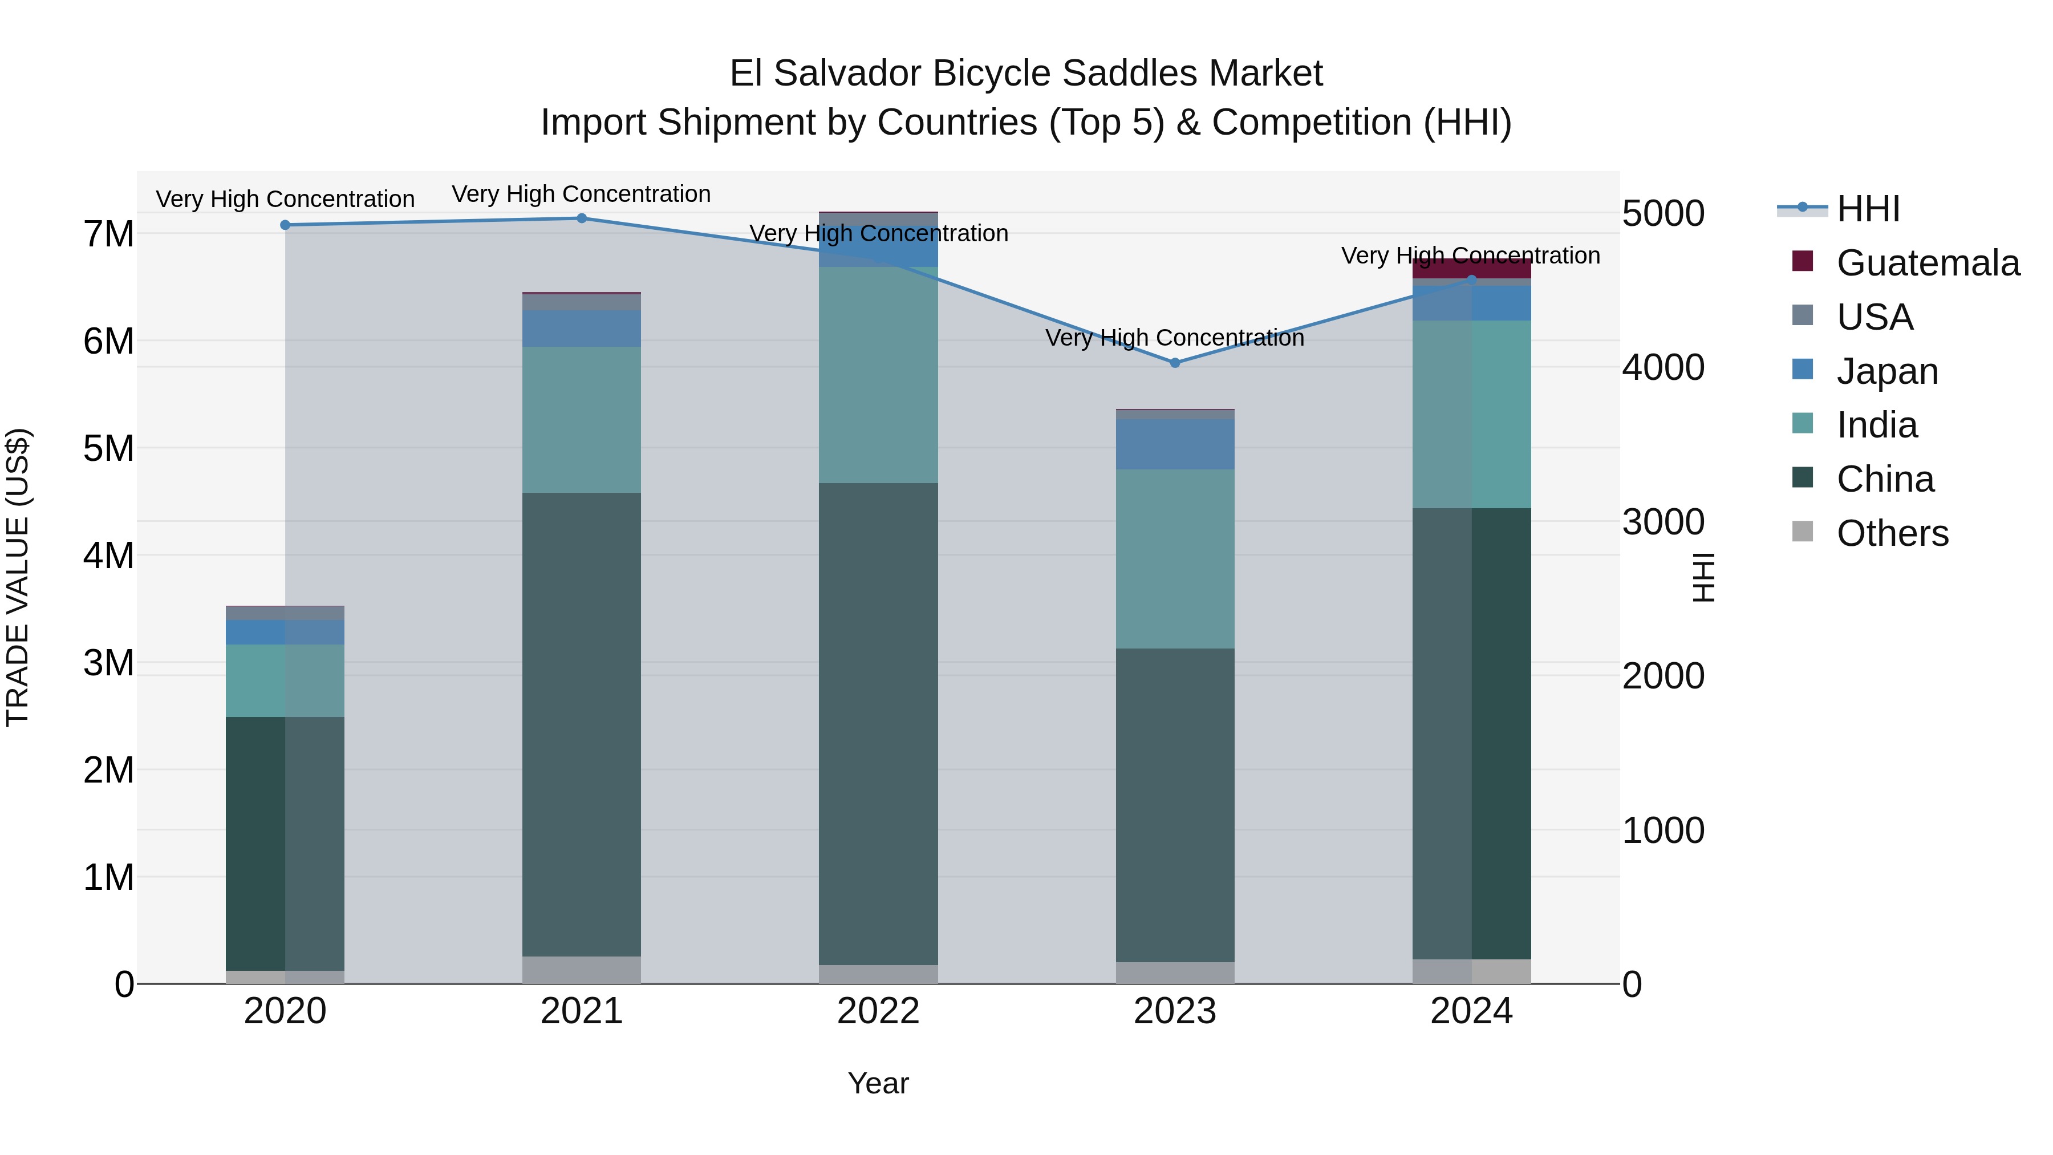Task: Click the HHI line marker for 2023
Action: pos(1175,363)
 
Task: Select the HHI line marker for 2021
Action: pos(582,218)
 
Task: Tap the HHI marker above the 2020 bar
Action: pos(285,225)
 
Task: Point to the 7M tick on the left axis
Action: pos(108,234)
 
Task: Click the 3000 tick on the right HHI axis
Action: pos(1664,522)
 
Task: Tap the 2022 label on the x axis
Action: pos(878,1011)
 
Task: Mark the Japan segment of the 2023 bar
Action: pos(1175,444)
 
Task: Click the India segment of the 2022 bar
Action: pos(878,375)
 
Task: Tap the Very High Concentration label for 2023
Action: pos(1175,338)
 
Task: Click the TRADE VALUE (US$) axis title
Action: pos(18,577)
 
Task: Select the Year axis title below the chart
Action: pos(878,1083)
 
